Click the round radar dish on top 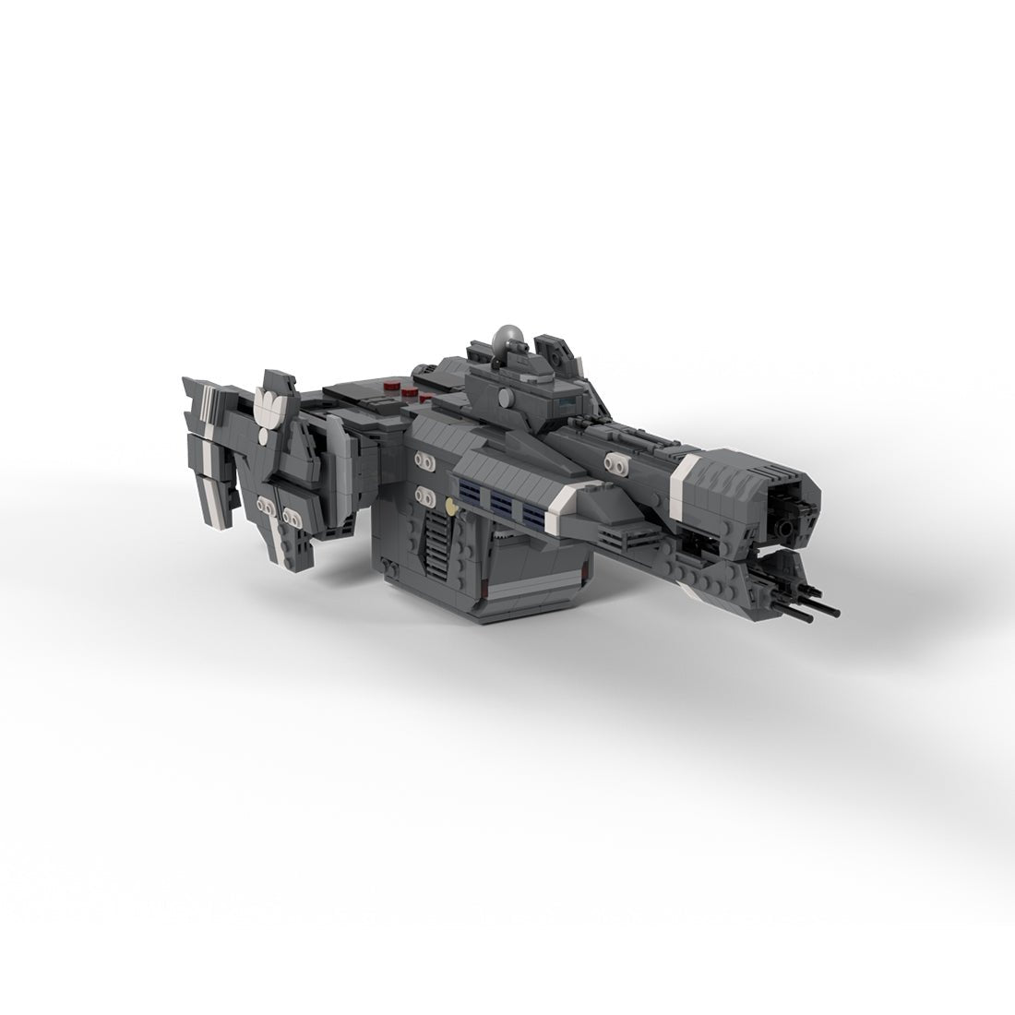[510, 340]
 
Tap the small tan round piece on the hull [449, 505]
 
